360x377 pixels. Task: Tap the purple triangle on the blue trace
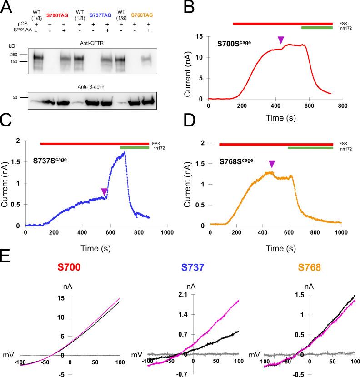105,192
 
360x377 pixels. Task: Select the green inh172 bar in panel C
134,147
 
